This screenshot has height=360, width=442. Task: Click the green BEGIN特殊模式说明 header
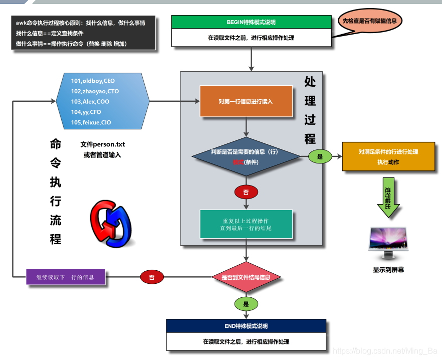point(251,22)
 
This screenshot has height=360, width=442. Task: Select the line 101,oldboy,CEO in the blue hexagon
point(93,81)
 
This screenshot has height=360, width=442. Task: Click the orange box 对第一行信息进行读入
point(246,101)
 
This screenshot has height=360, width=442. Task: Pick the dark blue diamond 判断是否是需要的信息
point(246,157)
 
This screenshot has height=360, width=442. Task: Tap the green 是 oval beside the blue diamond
point(320,157)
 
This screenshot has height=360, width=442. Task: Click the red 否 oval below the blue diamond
point(246,192)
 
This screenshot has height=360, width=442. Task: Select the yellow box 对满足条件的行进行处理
point(388,156)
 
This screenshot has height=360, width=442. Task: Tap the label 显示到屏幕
point(388,270)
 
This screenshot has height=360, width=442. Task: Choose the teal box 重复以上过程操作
point(246,224)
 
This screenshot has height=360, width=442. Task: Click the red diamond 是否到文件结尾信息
point(246,277)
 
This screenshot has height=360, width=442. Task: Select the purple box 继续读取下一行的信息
point(66,277)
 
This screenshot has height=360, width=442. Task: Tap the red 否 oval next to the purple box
point(152,277)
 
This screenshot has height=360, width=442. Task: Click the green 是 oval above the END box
point(246,304)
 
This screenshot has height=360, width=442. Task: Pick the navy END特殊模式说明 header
point(246,326)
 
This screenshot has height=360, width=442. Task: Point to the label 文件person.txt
point(103,144)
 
